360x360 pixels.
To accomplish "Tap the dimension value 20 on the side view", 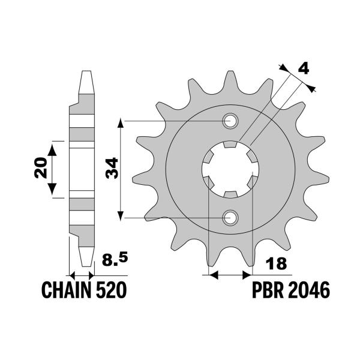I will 40,170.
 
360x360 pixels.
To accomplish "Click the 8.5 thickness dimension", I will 114,260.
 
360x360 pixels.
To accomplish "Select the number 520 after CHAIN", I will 110,291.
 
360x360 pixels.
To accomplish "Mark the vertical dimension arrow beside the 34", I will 122,170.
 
